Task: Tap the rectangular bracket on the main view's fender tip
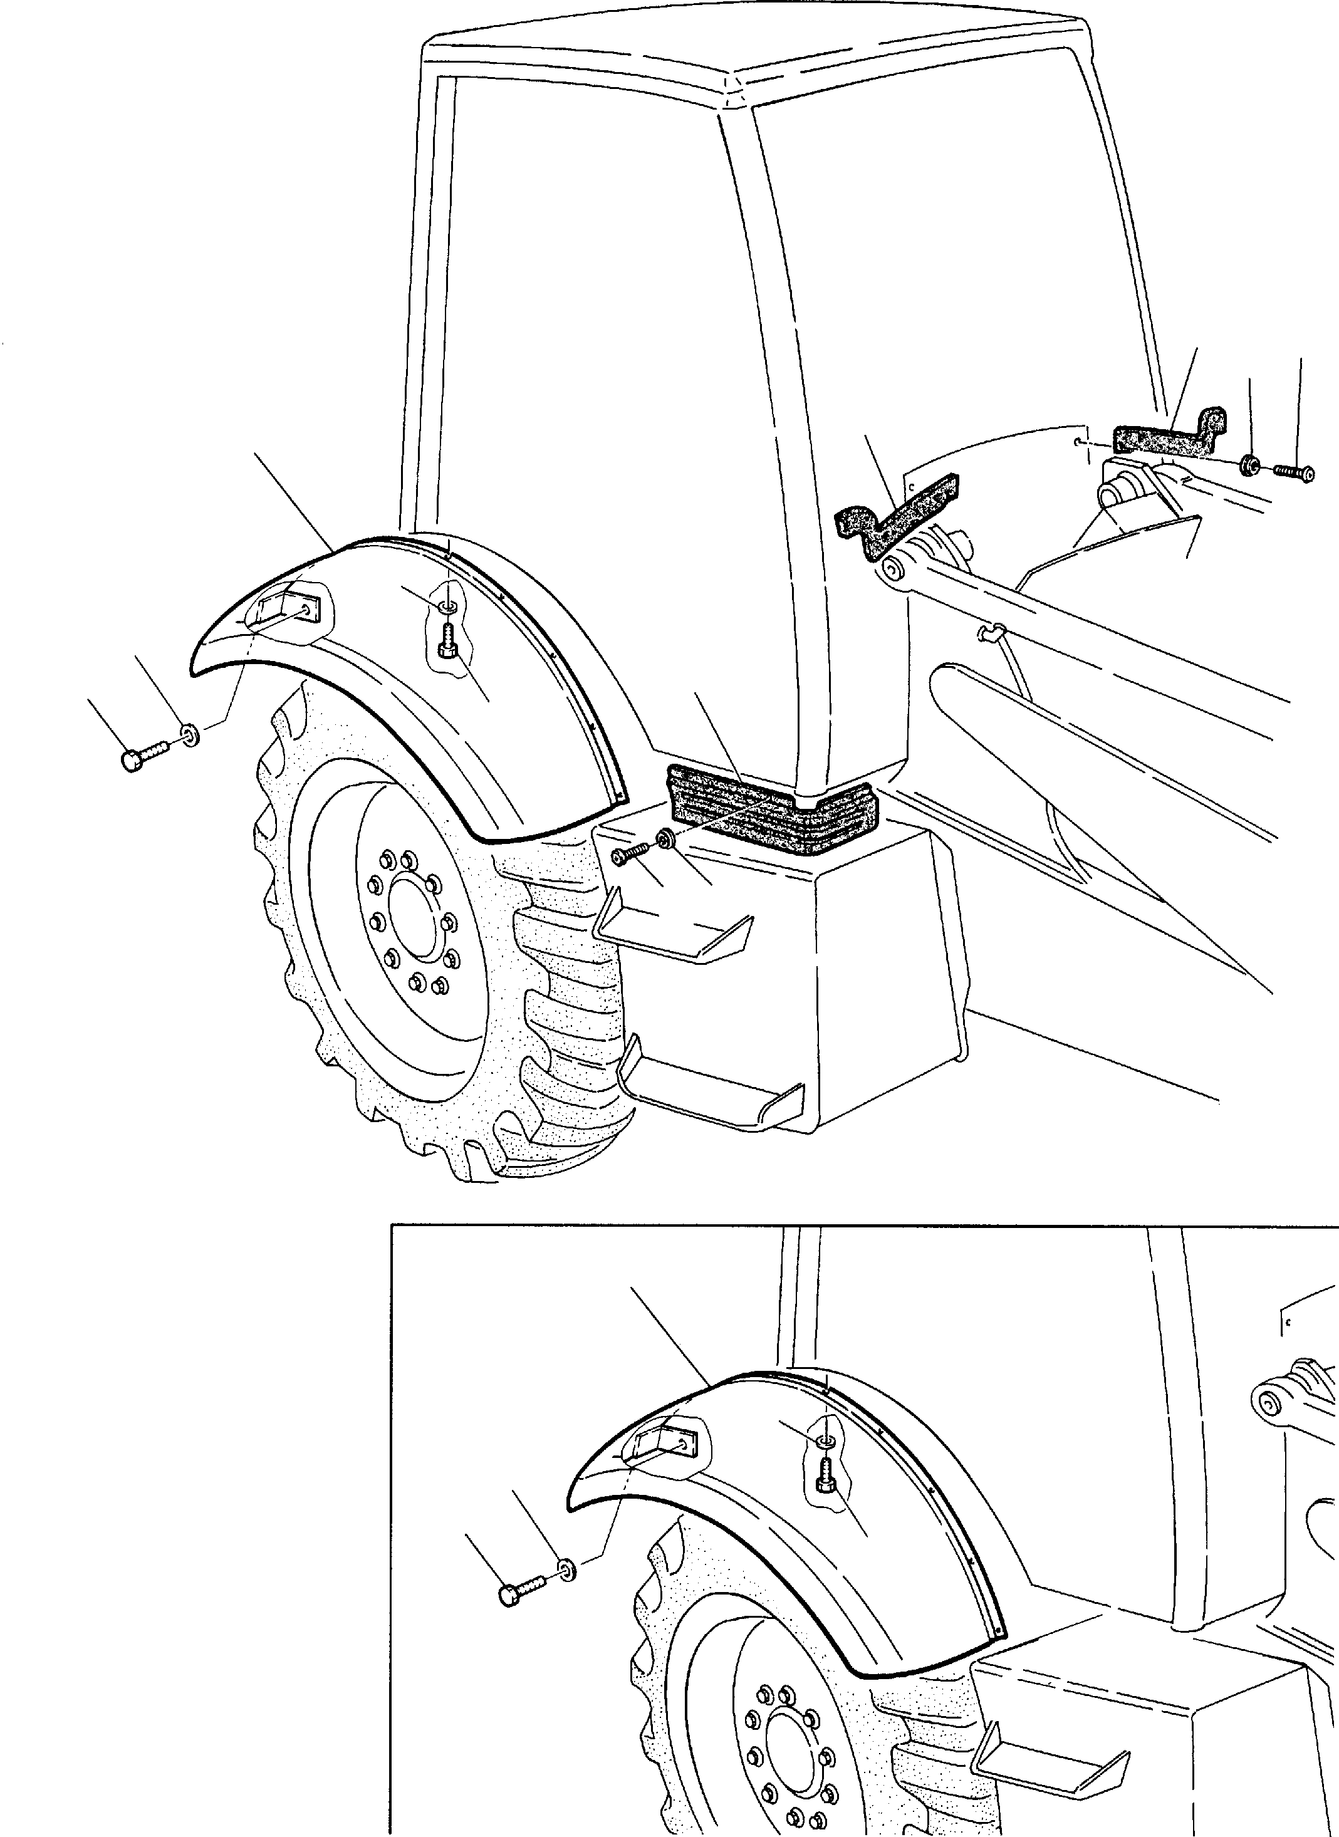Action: pyautogui.click(x=289, y=608)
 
